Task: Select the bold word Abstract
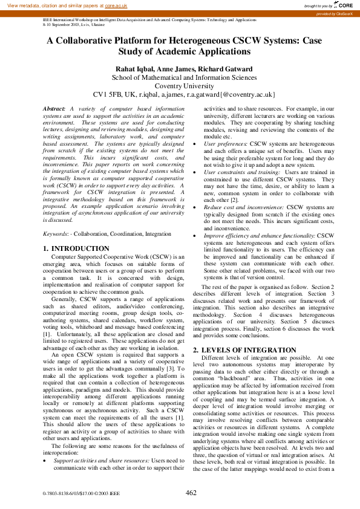pos(54,108)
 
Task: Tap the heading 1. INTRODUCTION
pos(77,248)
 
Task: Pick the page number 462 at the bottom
pos(191,493)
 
